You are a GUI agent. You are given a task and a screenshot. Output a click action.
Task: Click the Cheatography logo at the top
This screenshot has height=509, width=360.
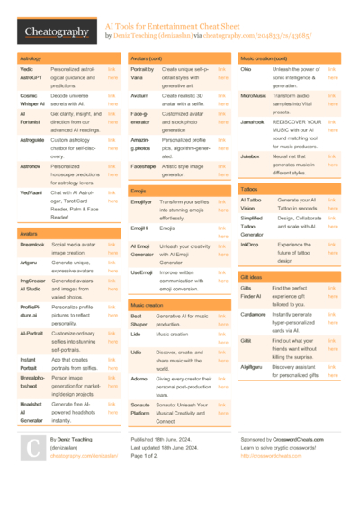point(55,32)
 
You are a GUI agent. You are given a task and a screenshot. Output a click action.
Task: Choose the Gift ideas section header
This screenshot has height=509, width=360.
point(253,277)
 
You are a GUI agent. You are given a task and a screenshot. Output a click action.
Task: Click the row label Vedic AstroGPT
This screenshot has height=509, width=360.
point(29,73)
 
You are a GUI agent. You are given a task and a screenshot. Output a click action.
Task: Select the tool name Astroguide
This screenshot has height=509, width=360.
point(32,140)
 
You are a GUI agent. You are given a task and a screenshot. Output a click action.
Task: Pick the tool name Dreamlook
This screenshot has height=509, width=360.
point(32,244)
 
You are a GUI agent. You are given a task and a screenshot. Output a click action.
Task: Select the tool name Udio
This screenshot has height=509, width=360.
point(136,353)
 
